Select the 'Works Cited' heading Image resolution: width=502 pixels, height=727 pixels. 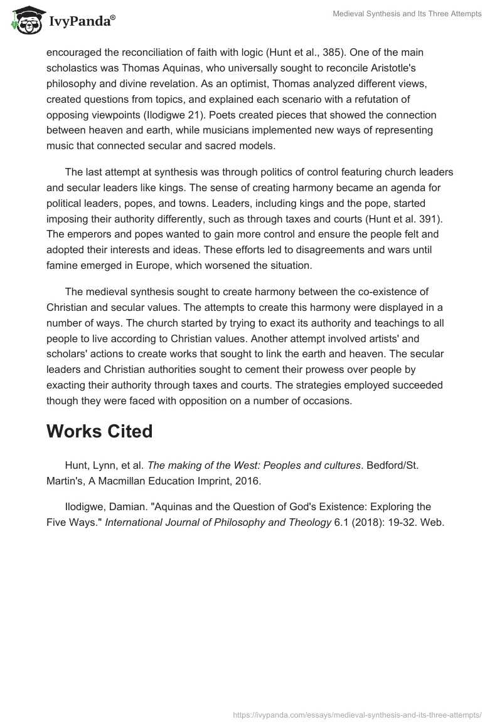[99, 431]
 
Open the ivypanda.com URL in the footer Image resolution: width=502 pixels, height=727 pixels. [357, 714]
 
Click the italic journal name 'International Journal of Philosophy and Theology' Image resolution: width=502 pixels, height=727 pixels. [217, 523]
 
